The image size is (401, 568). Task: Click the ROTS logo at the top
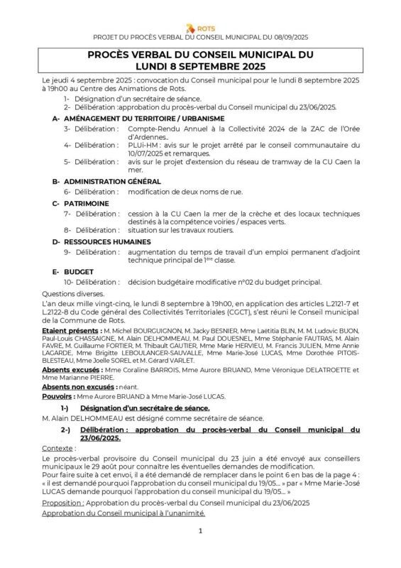point(200,28)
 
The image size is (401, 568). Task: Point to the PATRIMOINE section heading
point(87,203)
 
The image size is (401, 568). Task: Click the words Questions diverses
point(73,293)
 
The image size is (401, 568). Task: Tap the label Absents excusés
point(70,370)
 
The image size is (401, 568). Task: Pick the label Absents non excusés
point(78,387)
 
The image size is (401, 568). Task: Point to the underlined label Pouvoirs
point(57,397)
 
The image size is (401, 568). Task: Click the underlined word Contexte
point(57,449)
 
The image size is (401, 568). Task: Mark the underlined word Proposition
point(62,503)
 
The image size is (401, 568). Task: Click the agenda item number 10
point(68,282)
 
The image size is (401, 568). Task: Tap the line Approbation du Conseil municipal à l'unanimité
point(123,513)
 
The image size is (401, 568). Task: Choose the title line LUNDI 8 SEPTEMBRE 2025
point(200,66)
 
